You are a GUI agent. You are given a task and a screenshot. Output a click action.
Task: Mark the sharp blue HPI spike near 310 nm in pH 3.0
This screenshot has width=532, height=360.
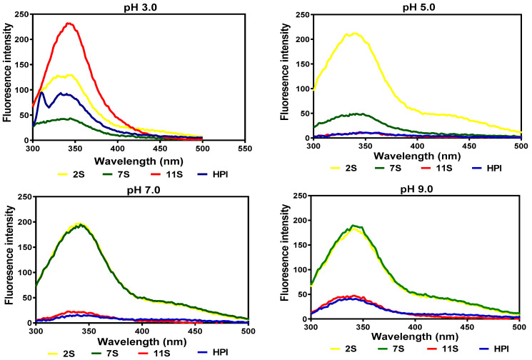pos(41,92)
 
